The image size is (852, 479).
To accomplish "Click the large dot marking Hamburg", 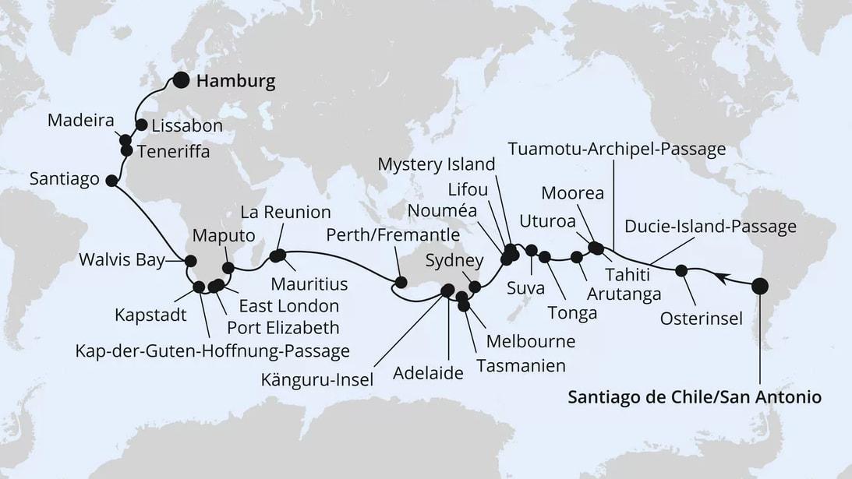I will click(181, 79).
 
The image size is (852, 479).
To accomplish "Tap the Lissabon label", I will click(187, 125).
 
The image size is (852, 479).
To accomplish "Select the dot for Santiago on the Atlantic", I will click(111, 181).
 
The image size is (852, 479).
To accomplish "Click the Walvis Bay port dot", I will click(189, 262).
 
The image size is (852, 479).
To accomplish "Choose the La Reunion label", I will click(285, 212).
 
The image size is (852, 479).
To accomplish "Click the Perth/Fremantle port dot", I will click(401, 282).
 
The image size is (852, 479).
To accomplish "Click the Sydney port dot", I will click(475, 287).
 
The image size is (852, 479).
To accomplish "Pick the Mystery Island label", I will click(436, 164).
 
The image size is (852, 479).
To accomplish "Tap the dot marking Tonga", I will click(545, 257).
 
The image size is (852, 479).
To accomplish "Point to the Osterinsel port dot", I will click(681, 271).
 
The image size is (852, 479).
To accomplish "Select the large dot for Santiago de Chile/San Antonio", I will click(759, 287).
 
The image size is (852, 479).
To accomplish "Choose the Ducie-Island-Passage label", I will click(711, 226).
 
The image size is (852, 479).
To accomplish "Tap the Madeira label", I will click(81, 121).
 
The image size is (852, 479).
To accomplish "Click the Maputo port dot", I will click(228, 268).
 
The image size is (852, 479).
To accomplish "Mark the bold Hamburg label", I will click(236, 81).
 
